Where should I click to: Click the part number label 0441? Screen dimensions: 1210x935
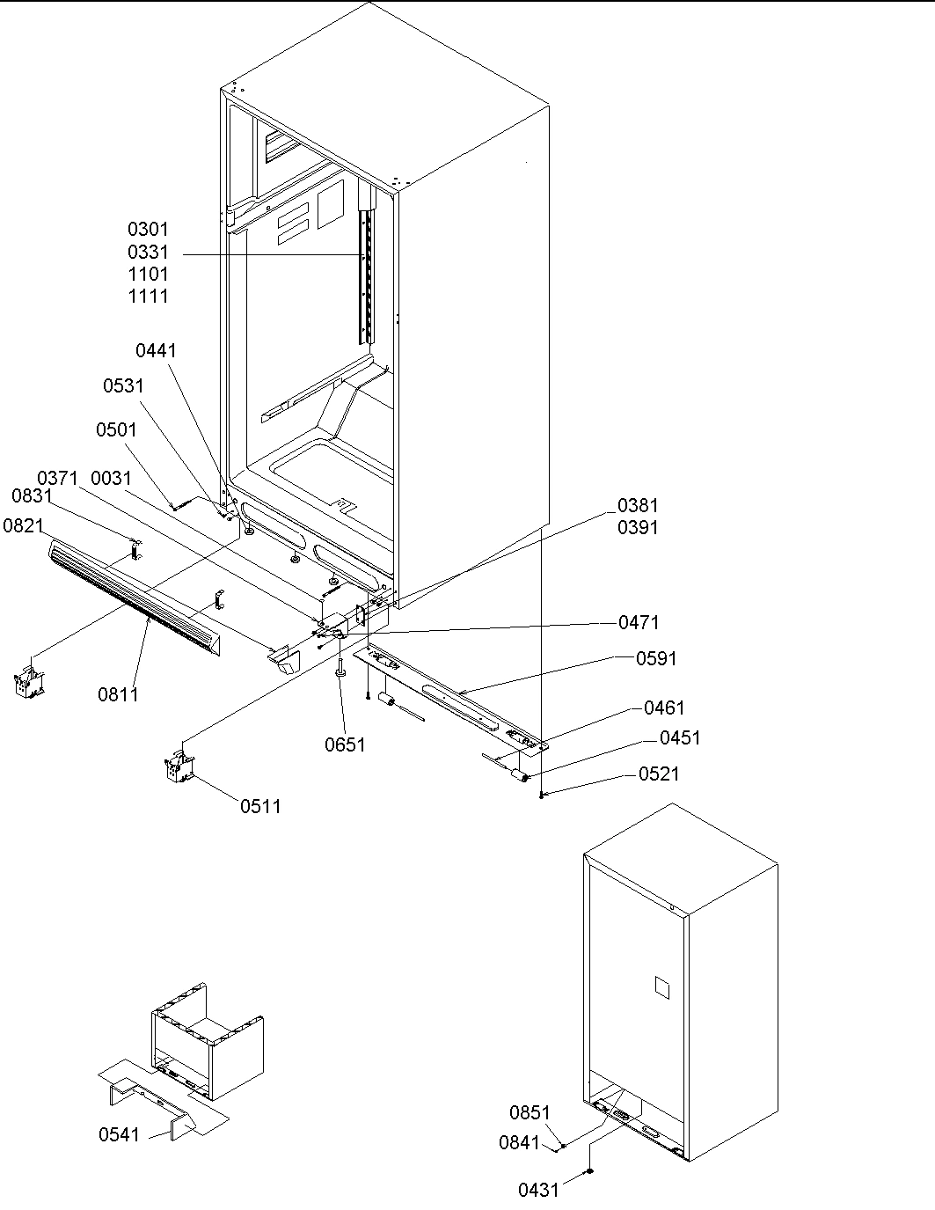point(156,350)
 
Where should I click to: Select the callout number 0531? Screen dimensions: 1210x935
point(123,385)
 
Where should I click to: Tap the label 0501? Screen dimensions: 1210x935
point(116,429)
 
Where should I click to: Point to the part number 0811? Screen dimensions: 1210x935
point(118,694)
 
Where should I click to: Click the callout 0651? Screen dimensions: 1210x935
point(345,744)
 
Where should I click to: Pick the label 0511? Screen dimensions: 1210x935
point(260,805)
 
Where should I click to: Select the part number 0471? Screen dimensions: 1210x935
point(639,622)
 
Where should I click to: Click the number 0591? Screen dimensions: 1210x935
point(656,658)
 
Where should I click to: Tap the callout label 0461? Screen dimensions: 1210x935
point(664,708)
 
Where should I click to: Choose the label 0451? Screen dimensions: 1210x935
point(680,737)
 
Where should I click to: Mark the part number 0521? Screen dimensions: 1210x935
point(659,774)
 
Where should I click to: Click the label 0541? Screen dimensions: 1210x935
point(119,1134)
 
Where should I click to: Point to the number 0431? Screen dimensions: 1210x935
point(538,1190)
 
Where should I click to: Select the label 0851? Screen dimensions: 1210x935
point(530,1113)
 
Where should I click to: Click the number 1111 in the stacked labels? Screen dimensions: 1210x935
point(148,297)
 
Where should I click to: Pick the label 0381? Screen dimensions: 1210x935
point(638,505)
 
